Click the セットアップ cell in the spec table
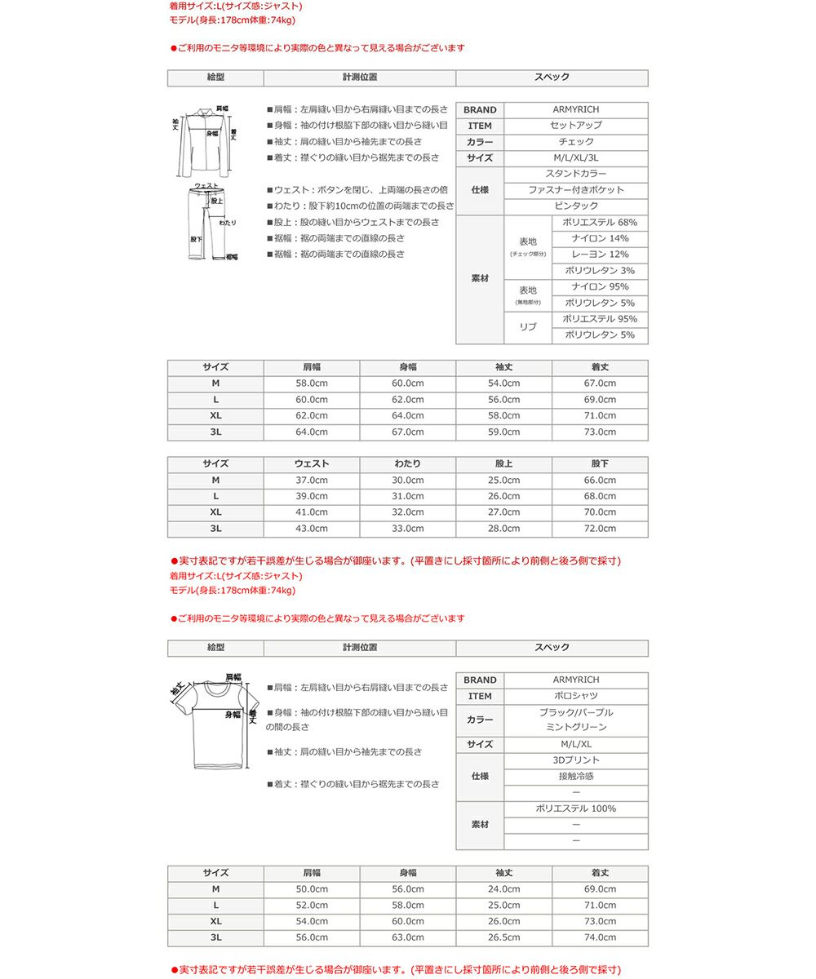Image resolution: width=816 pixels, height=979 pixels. point(575,126)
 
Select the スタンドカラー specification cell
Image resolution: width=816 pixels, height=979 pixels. point(575,174)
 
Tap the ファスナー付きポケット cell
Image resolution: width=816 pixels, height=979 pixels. point(575,190)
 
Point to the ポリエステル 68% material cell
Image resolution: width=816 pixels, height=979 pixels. point(600,223)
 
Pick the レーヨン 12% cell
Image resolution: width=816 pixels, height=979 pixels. point(600,255)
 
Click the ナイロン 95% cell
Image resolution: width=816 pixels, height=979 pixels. point(600,286)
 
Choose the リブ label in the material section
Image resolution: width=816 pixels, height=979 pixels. point(528,326)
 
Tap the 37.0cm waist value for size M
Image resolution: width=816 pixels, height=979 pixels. point(312,481)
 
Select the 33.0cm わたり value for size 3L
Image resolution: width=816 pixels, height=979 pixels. point(408,529)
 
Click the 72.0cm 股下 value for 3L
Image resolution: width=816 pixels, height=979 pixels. point(600,529)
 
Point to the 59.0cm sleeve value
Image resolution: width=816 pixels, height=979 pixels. point(503,432)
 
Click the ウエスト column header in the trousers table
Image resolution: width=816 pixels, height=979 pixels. point(312,464)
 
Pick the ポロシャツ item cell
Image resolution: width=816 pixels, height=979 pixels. point(575,696)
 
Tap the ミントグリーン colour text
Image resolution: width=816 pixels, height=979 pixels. point(575,727)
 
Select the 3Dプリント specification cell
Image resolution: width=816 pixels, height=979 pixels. point(575,760)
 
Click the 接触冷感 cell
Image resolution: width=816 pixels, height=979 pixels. point(575,777)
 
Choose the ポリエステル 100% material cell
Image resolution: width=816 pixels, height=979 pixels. point(575,809)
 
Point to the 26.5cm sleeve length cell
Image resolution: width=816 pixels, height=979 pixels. point(503,937)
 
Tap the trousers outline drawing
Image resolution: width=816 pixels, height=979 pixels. point(205,223)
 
